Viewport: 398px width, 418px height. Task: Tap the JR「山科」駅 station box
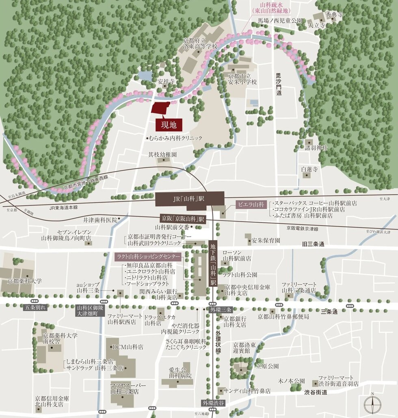point(189,199)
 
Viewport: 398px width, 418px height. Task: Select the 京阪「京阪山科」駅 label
point(183,219)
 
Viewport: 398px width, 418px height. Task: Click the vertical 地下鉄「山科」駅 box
point(213,264)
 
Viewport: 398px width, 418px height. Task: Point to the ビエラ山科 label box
point(251,204)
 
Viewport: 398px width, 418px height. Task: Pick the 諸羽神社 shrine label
point(316,148)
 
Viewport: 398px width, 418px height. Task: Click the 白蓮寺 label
point(309,169)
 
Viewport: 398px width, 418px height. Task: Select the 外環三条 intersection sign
point(221,309)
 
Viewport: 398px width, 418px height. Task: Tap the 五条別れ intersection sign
point(35,308)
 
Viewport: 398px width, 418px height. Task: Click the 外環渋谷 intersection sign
point(213,403)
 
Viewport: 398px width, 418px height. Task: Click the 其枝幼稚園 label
point(162,155)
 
